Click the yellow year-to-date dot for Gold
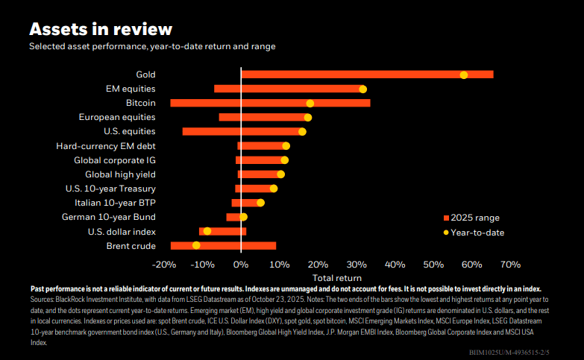[x=464, y=75]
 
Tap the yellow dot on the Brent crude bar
[x=196, y=245]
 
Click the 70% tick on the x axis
[x=510, y=264]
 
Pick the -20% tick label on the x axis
[x=163, y=264]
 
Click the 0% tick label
[x=240, y=264]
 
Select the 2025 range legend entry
[x=471, y=218]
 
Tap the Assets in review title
[x=101, y=29]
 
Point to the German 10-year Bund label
[x=108, y=217]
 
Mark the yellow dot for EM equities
[x=362, y=89]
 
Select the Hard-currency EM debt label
[x=106, y=146]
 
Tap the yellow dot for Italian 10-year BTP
[x=260, y=203]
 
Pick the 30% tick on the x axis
[x=356, y=264]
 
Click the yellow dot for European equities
[x=308, y=117]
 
